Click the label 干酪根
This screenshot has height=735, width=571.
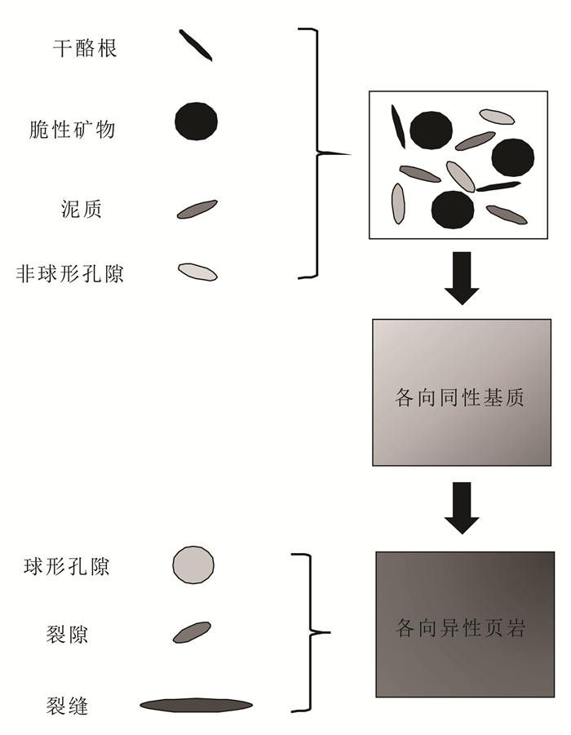[x=86, y=48]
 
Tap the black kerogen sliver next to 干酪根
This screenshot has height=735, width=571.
[x=196, y=46]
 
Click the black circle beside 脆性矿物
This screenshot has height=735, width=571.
[x=197, y=122]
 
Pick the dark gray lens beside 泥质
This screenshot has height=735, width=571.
[x=197, y=210]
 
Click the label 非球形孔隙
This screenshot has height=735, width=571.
[x=69, y=273]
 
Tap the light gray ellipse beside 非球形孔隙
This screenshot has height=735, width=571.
[x=197, y=272]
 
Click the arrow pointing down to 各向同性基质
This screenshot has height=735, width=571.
[x=462, y=278]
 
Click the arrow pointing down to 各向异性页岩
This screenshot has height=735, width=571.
[x=462, y=507]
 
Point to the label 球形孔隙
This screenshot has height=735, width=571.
[x=67, y=567]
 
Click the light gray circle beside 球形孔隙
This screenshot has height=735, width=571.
[x=193, y=565]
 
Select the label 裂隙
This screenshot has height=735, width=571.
[x=68, y=633]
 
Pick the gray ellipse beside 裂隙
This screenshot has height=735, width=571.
[x=192, y=632]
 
